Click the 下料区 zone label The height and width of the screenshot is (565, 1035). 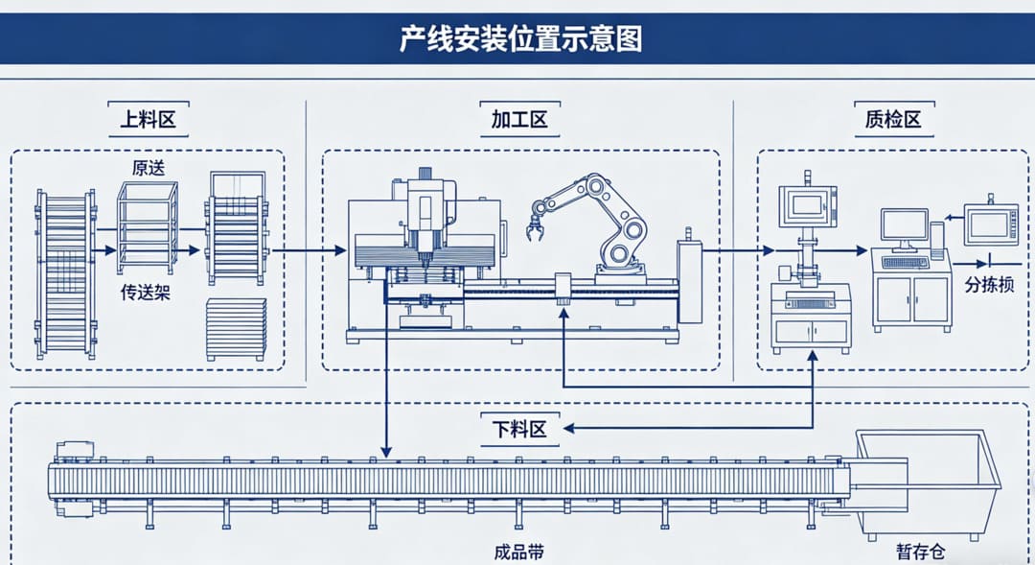pos(520,429)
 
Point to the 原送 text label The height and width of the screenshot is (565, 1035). pos(148,167)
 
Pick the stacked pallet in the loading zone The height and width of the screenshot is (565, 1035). pos(236,329)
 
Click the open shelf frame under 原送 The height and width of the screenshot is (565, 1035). pos(147,228)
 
